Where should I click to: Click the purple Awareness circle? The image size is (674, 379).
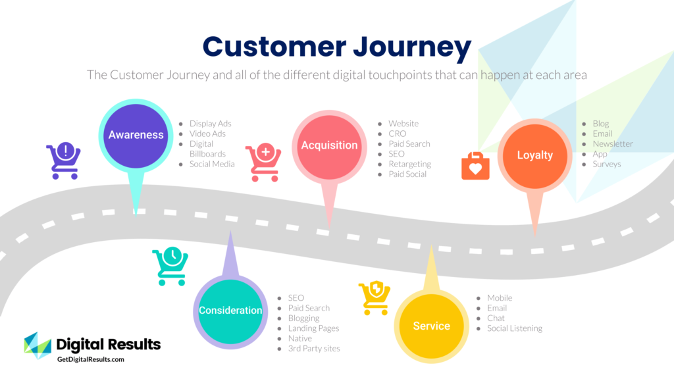136,135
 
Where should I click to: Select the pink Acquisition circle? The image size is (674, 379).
329,145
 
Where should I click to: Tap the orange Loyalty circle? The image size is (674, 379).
534,156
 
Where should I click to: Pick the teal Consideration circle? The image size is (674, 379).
230,311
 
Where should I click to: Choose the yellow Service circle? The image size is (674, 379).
431,326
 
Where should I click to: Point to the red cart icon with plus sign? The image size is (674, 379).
263,163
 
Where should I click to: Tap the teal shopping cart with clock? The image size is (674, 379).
170,266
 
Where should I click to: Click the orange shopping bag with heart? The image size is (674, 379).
475,166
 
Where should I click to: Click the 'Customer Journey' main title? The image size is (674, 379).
336,47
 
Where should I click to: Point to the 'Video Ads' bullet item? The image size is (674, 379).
207,134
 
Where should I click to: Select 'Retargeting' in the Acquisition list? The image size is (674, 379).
409,164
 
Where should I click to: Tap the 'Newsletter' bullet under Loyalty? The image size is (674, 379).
612,143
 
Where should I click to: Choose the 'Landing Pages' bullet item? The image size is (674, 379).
313,328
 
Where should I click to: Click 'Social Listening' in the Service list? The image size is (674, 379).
514,328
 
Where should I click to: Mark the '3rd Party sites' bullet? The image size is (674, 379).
313,348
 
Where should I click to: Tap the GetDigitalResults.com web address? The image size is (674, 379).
90,359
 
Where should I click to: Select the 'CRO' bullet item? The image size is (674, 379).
397,134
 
